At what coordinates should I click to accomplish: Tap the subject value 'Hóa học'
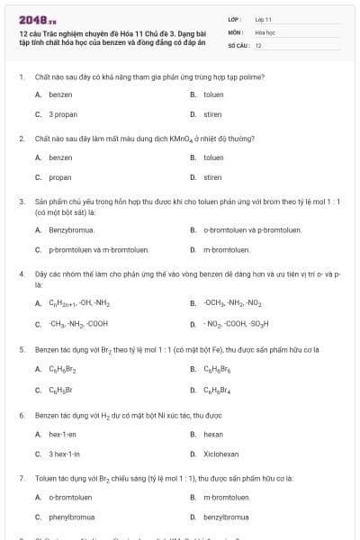coord(265,31)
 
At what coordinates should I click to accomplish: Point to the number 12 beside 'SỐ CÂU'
coord(258,44)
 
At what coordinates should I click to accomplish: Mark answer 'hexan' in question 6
coord(212,434)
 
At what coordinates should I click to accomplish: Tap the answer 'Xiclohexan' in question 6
coord(220,454)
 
